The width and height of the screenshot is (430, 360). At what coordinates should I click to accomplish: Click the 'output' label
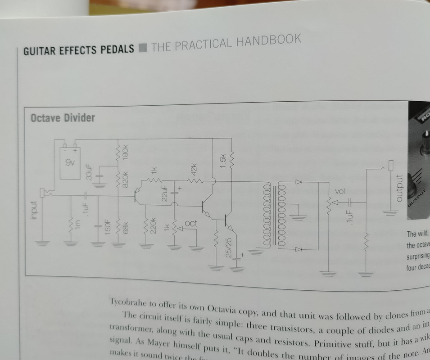(398, 188)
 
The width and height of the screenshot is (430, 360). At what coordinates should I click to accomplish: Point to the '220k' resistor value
(153, 226)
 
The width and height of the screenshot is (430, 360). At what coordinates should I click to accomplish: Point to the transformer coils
(273, 216)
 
